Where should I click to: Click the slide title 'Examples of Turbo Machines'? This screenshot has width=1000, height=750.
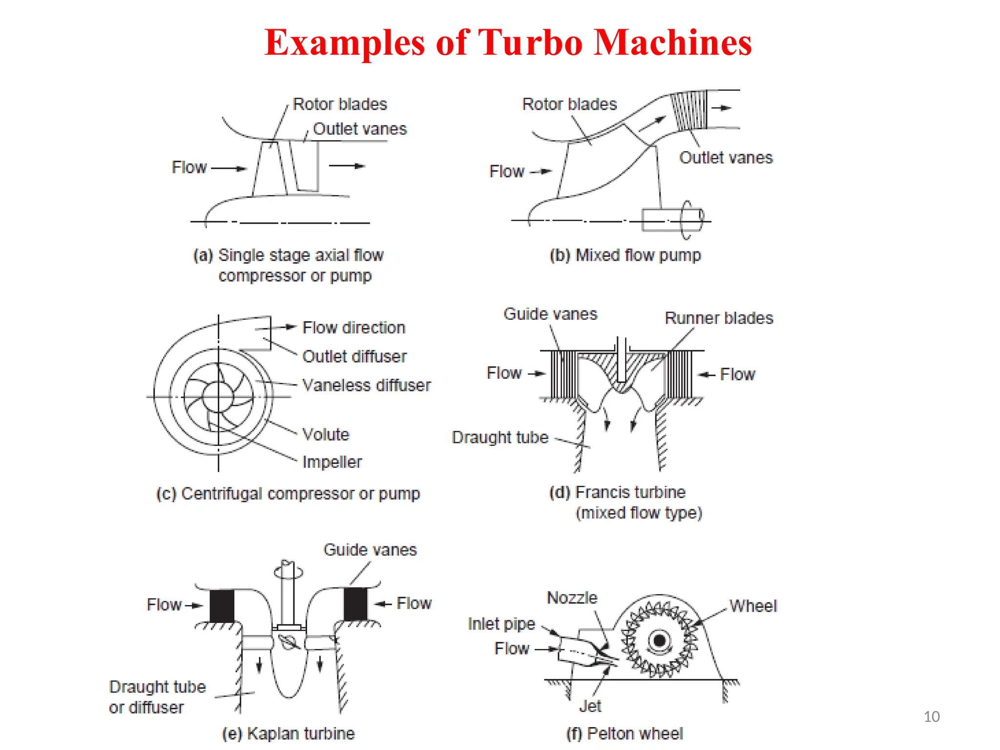pyautogui.click(x=508, y=43)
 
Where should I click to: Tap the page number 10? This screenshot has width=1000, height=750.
pyautogui.click(x=931, y=716)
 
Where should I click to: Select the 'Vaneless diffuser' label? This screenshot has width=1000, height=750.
pyautogui.click(x=366, y=385)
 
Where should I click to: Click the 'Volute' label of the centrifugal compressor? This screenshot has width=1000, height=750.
pyautogui.click(x=326, y=434)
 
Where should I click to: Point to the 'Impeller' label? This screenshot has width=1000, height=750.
pyautogui.click(x=332, y=462)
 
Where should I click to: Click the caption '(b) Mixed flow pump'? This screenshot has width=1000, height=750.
pyautogui.click(x=625, y=255)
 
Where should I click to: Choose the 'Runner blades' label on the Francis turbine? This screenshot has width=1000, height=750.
pyautogui.click(x=719, y=318)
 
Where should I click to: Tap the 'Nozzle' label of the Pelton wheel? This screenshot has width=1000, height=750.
pyautogui.click(x=572, y=598)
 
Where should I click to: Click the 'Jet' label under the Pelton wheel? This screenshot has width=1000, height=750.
pyautogui.click(x=590, y=706)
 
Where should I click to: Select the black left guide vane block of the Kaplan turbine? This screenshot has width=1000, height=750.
pyautogui.click(x=222, y=605)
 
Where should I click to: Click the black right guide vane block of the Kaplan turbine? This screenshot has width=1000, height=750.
pyautogui.click(x=355, y=604)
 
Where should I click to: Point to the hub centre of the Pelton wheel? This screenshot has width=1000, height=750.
pyautogui.click(x=660, y=640)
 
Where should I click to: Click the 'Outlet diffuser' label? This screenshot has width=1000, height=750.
pyautogui.click(x=354, y=356)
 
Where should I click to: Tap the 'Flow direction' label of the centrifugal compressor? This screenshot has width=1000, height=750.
pyautogui.click(x=354, y=328)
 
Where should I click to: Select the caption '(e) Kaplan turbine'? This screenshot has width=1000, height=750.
pyautogui.click(x=288, y=733)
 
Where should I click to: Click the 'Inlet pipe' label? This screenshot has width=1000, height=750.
pyautogui.click(x=501, y=624)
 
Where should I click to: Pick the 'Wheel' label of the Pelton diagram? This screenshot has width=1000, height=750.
pyautogui.click(x=753, y=606)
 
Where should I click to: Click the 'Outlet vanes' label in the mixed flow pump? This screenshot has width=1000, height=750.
pyautogui.click(x=726, y=158)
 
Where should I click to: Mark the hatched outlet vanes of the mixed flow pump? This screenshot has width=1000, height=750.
pyautogui.click(x=689, y=110)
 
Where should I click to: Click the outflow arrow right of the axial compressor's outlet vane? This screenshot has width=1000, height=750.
pyautogui.click(x=347, y=166)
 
